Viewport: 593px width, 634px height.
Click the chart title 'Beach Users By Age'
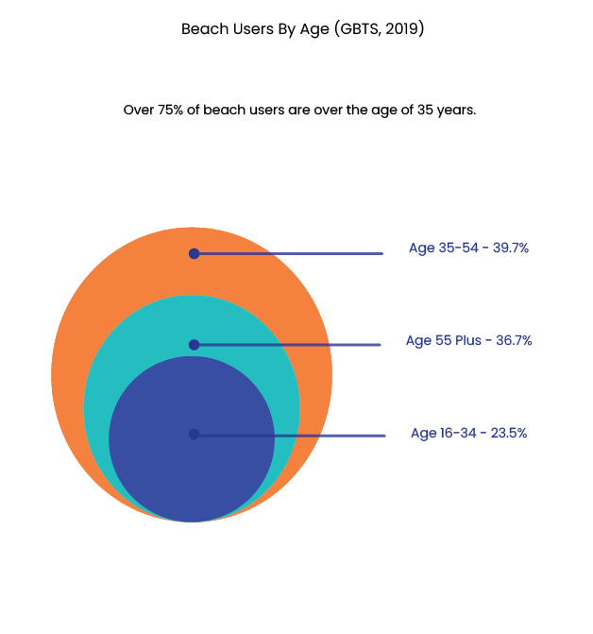256,29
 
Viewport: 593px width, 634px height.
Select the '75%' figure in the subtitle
171,110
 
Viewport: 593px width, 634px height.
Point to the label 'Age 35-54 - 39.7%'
468,248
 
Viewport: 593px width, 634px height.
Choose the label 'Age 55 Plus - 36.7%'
469,340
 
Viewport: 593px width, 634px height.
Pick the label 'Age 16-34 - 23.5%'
469,433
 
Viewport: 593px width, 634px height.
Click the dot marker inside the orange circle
195,253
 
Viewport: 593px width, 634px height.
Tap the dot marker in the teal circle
195,345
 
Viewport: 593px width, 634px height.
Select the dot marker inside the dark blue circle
195,435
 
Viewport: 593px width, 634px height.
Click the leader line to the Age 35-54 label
288,253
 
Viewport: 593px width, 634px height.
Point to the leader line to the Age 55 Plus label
287,345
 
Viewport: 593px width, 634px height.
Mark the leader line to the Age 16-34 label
290,436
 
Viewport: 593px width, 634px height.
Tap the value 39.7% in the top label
511,248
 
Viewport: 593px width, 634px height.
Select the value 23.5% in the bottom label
509,433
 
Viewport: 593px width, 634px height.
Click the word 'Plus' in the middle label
468,340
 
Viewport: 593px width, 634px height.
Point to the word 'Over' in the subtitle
139,110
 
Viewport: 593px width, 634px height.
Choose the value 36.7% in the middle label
514,340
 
